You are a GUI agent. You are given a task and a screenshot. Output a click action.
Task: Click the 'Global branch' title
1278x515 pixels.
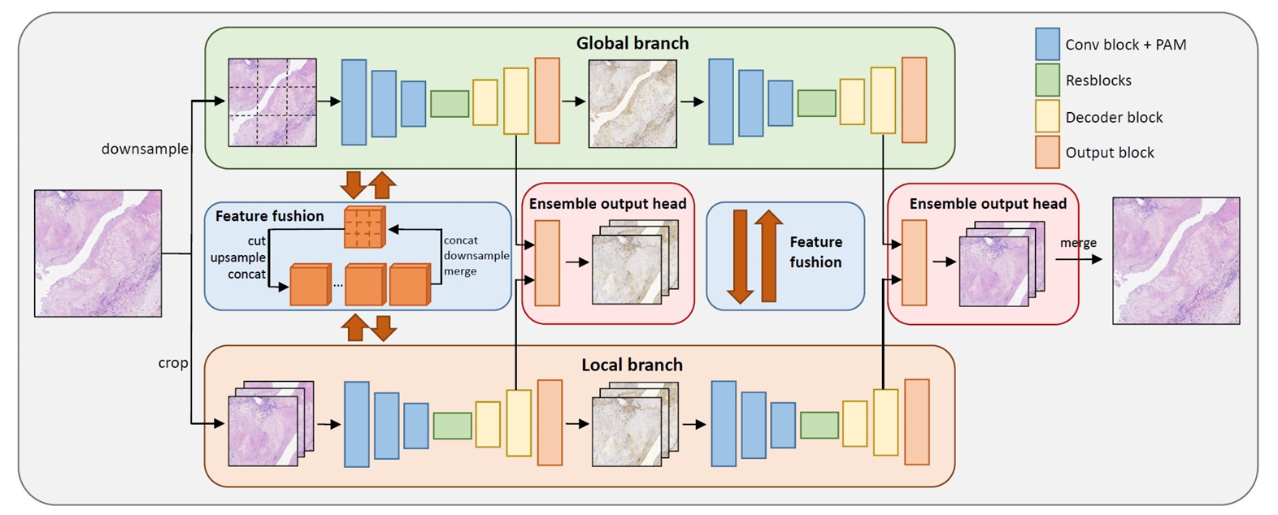[632, 44]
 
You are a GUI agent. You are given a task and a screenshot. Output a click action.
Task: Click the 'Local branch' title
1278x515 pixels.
[632, 365]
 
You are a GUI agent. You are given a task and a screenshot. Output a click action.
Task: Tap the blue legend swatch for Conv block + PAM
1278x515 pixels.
[1047, 44]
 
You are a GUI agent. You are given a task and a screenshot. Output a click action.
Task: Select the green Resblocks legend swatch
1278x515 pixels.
[1047, 80]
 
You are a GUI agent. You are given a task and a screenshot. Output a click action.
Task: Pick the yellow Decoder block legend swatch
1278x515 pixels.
[1047, 116]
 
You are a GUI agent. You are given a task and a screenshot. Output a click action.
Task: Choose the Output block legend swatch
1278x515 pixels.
[1047, 153]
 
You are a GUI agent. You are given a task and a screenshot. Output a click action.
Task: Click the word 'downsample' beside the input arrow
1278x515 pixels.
[145, 149]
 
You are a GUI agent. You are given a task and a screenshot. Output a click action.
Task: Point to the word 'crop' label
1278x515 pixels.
[173, 363]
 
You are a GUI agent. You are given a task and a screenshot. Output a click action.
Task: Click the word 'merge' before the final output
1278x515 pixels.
[1078, 243]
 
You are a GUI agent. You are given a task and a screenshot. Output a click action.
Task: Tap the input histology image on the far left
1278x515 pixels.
[98, 253]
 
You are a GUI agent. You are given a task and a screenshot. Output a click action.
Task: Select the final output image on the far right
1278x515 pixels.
[1176, 261]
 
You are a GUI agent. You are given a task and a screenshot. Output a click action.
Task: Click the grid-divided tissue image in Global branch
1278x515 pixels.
[272, 102]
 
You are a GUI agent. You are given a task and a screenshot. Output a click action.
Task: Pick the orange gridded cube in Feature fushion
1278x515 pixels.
[363, 227]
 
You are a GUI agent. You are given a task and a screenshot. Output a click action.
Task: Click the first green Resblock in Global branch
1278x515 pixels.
[450, 103]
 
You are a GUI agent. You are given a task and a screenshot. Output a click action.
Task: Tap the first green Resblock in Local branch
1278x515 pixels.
[452, 426]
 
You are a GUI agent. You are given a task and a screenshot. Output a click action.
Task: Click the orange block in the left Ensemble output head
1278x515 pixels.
[547, 262]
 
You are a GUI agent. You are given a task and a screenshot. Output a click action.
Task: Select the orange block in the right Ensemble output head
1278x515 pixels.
[914, 262]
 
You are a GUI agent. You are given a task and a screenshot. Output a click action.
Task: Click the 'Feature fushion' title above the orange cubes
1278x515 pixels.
[269, 216]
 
